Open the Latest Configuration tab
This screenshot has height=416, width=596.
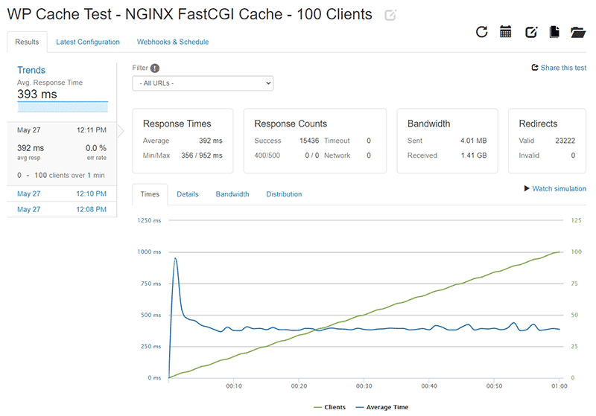tap(88, 42)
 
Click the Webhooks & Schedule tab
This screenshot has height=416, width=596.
tap(173, 42)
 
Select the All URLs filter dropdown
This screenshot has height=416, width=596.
tap(203, 83)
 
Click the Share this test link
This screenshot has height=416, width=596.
tap(558, 68)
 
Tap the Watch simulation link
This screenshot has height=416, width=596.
tap(555, 189)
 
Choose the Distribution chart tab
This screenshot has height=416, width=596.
tap(284, 194)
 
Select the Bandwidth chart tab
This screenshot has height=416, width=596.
tap(232, 194)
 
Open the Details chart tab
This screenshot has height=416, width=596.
tap(188, 194)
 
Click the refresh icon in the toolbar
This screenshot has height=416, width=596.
tap(482, 32)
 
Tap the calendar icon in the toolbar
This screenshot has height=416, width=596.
tap(506, 32)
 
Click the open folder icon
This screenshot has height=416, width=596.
tap(578, 32)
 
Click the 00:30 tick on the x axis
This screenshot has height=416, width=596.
tap(364, 386)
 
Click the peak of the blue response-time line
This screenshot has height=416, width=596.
tap(175, 258)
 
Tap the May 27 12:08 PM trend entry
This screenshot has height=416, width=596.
tap(61, 210)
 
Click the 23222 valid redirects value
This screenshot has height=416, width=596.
tap(565, 141)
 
